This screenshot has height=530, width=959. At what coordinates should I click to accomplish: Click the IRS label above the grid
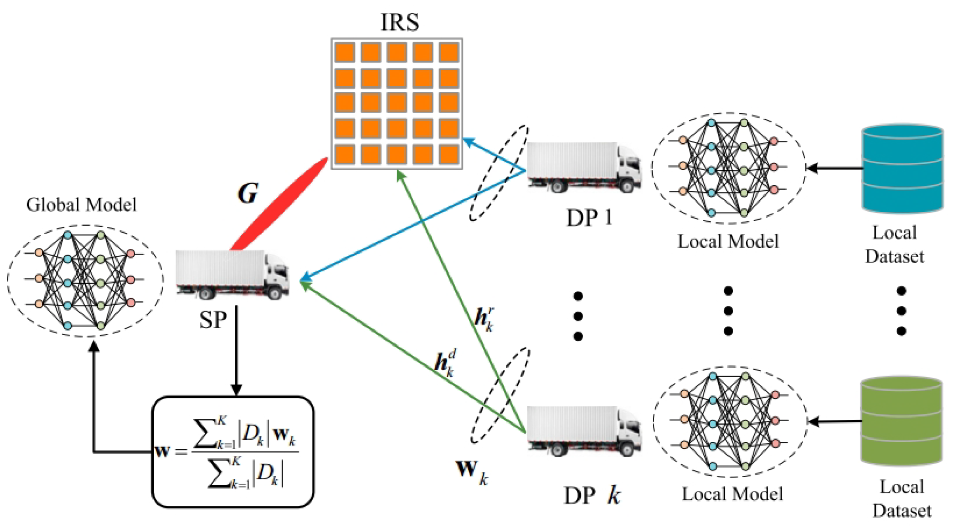(x=399, y=22)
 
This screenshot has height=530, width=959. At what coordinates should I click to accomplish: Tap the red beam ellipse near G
(x=279, y=204)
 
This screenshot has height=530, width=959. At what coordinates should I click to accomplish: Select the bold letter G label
(x=248, y=193)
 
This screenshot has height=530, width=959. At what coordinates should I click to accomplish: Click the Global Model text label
(x=81, y=205)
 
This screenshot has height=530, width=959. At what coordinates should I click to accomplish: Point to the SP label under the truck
(x=213, y=320)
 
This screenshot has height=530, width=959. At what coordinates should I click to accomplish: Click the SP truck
(x=233, y=275)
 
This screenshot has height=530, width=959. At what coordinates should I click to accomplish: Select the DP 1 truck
(x=584, y=167)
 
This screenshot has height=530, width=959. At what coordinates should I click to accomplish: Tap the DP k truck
(x=584, y=431)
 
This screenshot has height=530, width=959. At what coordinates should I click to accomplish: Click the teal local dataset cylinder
(x=902, y=169)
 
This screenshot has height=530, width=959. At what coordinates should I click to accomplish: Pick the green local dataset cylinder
(x=902, y=421)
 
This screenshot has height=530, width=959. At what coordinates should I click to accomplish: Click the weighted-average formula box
(x=233, y=452)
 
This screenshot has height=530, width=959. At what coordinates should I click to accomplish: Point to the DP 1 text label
(x=589, y=218)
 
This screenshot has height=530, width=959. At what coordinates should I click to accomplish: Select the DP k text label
(x=592, y=495)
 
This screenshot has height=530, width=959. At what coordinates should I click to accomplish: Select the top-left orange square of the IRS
(x=345, y=52)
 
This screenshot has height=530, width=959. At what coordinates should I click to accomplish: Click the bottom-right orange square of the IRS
(x=449, y=155)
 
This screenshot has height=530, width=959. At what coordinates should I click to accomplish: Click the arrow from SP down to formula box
(x=236, y=351)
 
